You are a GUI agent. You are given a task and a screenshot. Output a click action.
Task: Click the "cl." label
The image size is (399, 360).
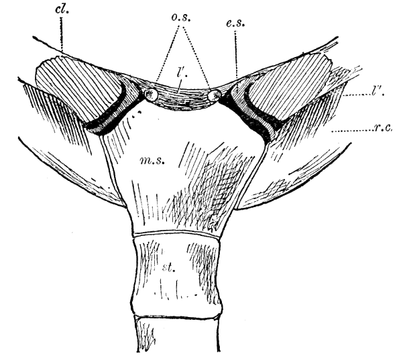point(62,10)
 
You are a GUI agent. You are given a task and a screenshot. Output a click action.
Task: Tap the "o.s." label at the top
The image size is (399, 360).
point(181,18)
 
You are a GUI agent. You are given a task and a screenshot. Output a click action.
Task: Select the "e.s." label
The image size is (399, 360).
point(235,23)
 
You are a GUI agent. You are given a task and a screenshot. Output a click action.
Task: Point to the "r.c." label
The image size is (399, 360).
point(384,128)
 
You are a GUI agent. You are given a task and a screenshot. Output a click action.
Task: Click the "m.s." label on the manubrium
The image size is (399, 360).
point(153,160)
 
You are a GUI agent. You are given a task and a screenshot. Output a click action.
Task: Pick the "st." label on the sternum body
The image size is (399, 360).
point(169,268)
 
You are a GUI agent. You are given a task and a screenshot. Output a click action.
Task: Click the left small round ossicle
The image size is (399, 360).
point(150,95)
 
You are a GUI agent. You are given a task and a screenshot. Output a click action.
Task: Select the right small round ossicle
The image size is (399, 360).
point(215,95)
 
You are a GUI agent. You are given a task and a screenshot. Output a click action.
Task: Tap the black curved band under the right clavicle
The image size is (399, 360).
point(254,117)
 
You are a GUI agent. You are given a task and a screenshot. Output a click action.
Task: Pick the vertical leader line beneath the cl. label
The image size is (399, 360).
point(61,34)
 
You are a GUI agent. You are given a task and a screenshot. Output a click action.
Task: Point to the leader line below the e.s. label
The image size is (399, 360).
point(237,54)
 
